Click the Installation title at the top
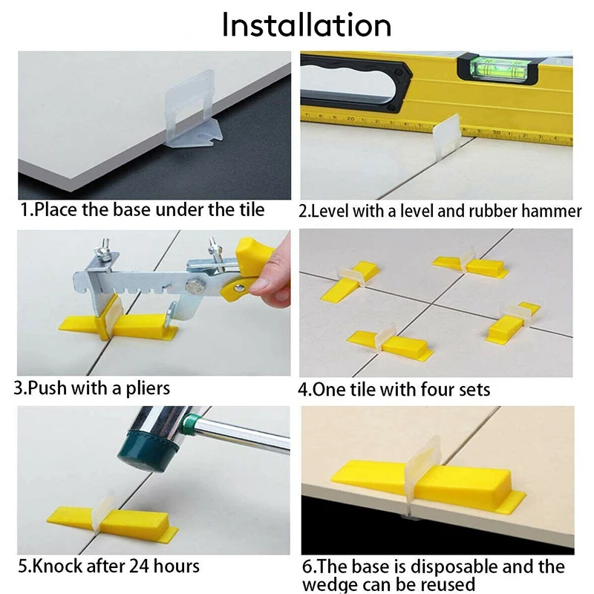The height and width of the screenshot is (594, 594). click(x=306, y=25)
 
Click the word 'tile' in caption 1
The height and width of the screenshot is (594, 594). click(x=249, y=210)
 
